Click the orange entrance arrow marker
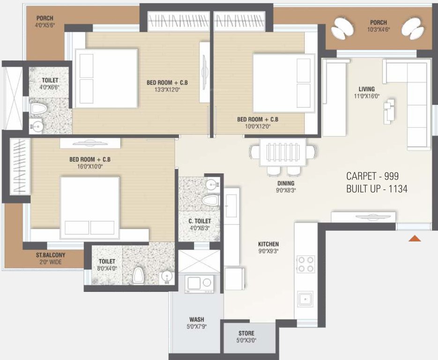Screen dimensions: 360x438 click(415, 239)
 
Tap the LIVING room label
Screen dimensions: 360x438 click(367, 89)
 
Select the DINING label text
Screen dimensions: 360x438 click(285, 183)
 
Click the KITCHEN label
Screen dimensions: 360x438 click(268, 244)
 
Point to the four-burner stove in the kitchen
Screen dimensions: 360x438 click(306, 264)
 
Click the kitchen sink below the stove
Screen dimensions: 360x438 click(305, 298)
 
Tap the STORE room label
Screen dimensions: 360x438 click(246, 334)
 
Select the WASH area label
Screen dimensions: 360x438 click(197, 320)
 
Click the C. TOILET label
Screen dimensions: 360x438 click(200, 221)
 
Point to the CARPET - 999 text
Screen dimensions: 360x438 click(373, 176)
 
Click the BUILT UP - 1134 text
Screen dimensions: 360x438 click(377, 189)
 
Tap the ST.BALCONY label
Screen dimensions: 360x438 click(51, 255)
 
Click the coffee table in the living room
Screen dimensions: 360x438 click(389, 112)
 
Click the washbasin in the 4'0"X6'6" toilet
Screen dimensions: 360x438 click(36, 125)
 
